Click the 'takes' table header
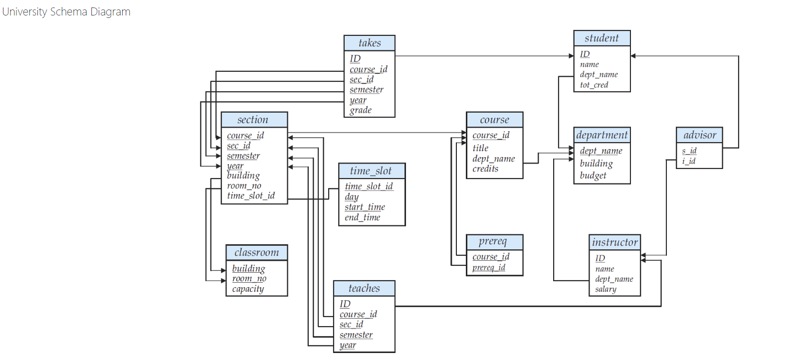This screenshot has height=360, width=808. tap(369, 43)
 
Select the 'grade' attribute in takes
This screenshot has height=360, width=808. tap(360, 110)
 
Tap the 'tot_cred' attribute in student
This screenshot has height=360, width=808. tap(594, 85)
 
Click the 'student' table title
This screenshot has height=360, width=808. tap(602, 38)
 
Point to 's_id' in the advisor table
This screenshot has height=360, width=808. tap(689, 151)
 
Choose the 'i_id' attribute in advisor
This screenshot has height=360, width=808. tap(688, 161)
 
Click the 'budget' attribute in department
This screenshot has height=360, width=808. tap(593, 176)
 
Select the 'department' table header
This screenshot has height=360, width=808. tap(602, 135)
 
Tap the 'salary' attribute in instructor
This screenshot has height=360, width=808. tap(605, 289)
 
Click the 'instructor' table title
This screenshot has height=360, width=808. tap(614, 243)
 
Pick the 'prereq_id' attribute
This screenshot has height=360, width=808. tap(488, 268)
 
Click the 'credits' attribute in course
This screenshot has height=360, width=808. tap(485, 169)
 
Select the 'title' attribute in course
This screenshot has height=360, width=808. tap(480, 148)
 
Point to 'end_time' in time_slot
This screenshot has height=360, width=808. tap(362, 217)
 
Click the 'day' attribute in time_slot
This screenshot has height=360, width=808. tap(351, 197)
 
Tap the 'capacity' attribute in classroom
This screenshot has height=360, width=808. tap(247, 289)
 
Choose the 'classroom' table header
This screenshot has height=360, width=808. tap(256, 253)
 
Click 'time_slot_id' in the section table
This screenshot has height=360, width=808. tap(250, 196)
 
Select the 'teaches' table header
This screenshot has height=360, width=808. tap(364, 289)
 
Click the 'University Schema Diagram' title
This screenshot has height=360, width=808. tap(66, 12)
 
